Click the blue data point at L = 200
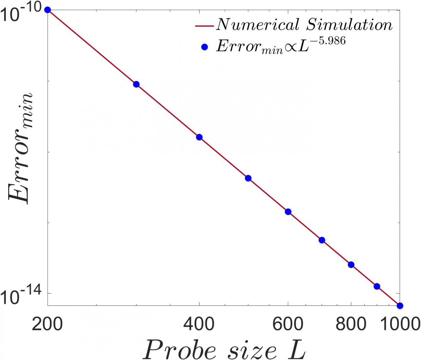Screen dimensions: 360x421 pyautogui.click(x=47, y=10)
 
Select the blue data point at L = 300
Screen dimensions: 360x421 pyautogui.click(x=136, y=84)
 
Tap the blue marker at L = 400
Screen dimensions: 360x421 pyautogui.click(x=199, y=137)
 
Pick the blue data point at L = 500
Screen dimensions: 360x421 pyautogui.click(x=248, y=178)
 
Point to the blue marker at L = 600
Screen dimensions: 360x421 pyautogui.click(x=288, y=212)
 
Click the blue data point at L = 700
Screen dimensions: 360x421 pyautogui.click(x=322, y=240)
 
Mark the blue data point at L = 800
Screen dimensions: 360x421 pyautogui.click(x=351, y=265)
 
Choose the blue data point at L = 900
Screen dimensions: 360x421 pyautogui.click(x=377, y=286)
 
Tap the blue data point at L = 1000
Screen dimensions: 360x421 pyautogui.click(x=400, y=306)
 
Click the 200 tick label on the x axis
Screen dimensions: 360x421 pyautogui.click(x=47, y=324)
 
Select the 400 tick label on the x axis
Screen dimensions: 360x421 pyautogui.click(x=199, y=324)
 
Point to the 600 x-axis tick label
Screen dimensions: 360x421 pyautogui.click(x=288, y=324)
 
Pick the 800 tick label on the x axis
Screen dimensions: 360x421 pyautogui.click(x=351, y=324)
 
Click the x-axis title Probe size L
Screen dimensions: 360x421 pyautogui.click(x=224, y=349)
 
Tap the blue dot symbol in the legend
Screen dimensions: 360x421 pyautogui.click(x=205, y=47)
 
